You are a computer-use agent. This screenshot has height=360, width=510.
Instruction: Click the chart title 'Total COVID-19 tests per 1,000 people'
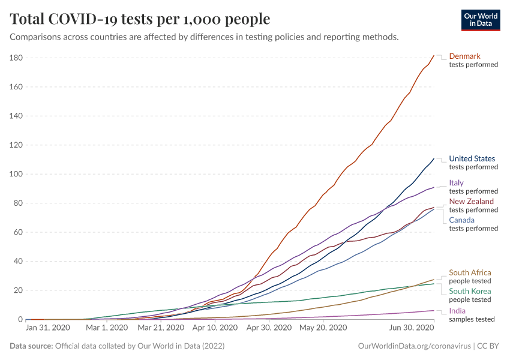coord(140,19)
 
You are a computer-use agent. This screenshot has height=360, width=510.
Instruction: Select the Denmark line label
coord(464,56)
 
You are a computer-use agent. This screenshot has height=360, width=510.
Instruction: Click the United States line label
coord(472,159)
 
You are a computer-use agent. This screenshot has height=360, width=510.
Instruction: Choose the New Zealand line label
coord(472,202)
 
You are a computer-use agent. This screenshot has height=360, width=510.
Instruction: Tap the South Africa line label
coord(470,273)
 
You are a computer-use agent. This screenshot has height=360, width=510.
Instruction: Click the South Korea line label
coord(470,292)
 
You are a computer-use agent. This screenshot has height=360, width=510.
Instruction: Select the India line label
coord(457,311)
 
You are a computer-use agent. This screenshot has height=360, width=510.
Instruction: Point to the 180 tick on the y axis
coord(16,58)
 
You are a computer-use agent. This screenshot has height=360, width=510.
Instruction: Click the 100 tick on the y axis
coord(16,174)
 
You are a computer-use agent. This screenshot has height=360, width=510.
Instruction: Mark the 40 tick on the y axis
coord(18,262)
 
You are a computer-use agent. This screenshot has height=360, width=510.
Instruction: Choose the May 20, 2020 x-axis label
coord(323,328)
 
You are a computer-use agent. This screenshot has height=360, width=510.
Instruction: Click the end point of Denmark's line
coord(434,56)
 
